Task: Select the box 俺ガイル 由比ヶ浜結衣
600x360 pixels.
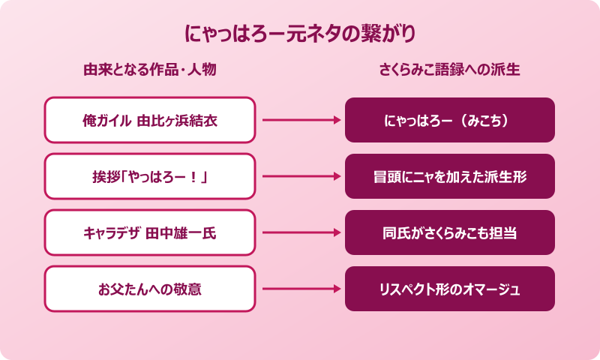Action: [150, 120]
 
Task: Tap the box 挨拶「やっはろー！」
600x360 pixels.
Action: [150, 176]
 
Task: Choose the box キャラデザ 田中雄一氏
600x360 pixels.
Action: [150, 232]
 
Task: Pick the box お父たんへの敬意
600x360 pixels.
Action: [150, 289]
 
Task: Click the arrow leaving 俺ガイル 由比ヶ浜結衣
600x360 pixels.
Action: [300, 120]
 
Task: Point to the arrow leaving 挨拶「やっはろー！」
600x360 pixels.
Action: [300, 176]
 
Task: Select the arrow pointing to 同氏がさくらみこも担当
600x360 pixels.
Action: [300, 232]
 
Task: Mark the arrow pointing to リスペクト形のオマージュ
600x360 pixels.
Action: [300, 289]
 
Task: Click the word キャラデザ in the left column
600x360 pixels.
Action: [112, 232]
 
